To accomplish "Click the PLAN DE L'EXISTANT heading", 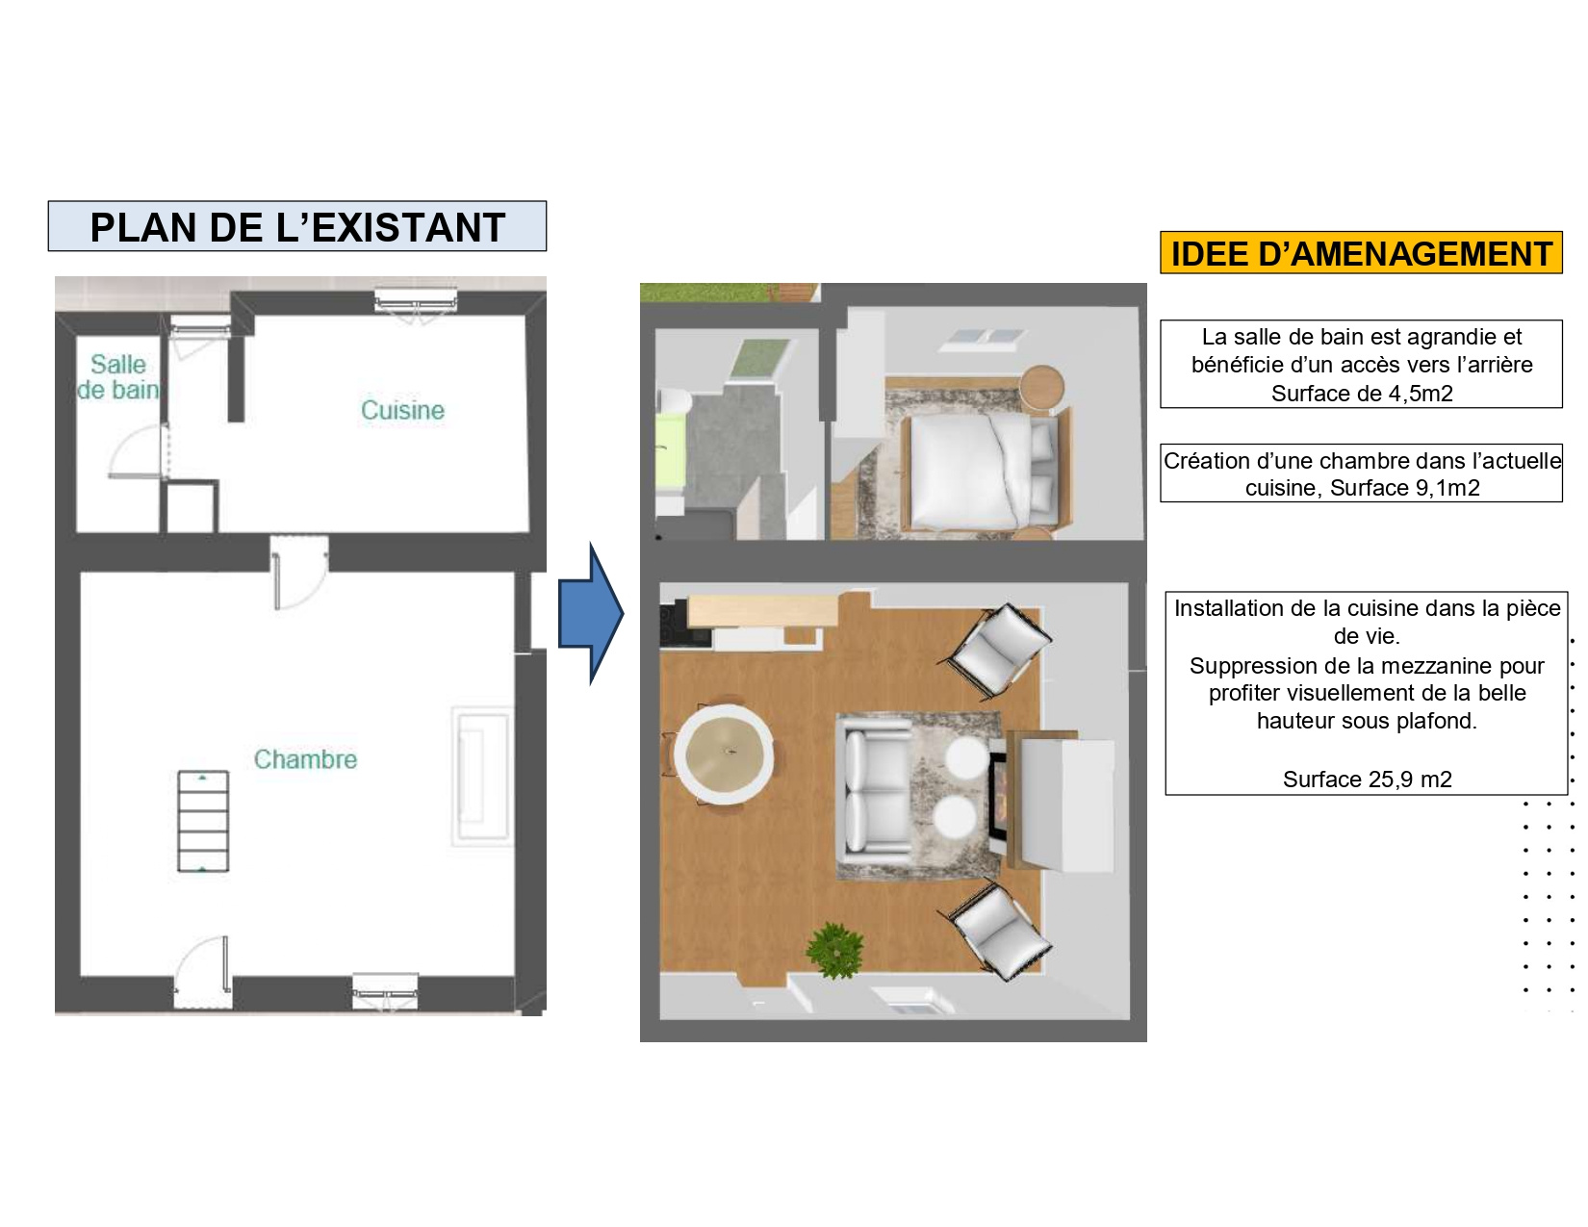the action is [x=296, y=226].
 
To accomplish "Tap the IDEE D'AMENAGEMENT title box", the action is [x=1361, y=253].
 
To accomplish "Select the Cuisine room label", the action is [x=402, y=410].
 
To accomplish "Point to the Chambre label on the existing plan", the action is [x=305, y=759].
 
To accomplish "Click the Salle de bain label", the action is [x=118, y=377].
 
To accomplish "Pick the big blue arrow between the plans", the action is [x=591, y=614].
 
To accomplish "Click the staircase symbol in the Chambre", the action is [x=203, y=822].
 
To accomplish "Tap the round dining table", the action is [x=724, y=754].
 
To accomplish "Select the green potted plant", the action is [x=834, y=951].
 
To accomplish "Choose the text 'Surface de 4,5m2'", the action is [x=1362, y=394].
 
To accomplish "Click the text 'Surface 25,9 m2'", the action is [x=1368, y=779].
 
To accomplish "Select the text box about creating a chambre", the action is [x=1362, y=473].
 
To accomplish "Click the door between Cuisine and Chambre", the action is [x=299, y=573].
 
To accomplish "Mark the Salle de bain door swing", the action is [x=137, y=451].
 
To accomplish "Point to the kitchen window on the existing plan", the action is [x=416, y=301].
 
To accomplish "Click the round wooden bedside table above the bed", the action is [x=1042, y=387].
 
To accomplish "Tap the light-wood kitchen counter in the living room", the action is [x=763, y=611].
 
